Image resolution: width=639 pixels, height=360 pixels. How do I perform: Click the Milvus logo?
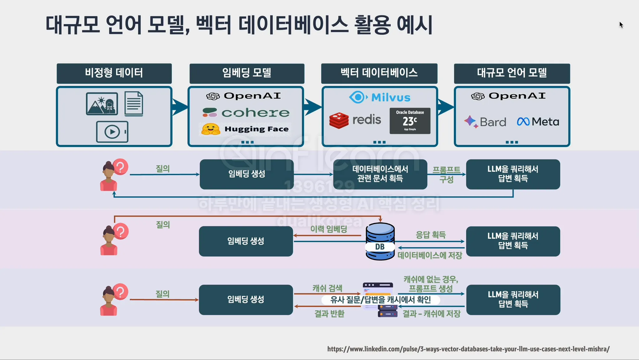coord(380,97)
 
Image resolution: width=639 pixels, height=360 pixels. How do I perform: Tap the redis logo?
coord(355,120)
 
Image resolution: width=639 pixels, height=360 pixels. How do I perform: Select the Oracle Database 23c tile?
coord(410,121)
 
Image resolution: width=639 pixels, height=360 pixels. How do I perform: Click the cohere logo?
coord(246,113)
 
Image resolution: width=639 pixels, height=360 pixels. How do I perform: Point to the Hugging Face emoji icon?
coord(211,129)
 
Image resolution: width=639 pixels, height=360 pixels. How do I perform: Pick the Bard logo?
coord(485,122)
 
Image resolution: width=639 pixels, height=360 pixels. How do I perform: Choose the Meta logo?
coord(538,121)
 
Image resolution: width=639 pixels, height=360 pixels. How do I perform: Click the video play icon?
coord(112,132)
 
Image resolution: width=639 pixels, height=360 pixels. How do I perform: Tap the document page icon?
coord(134,104)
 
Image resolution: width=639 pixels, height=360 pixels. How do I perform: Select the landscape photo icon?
coord(102,104)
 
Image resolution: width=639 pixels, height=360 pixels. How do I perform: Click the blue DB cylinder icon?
coord(380,241)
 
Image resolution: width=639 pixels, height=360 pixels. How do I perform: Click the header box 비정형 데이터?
coord(114,73)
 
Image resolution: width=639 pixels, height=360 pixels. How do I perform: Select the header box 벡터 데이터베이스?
coord(379,73)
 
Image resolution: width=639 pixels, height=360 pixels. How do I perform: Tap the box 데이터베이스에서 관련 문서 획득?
coord(380,174)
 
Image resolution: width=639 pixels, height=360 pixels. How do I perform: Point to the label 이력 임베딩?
coord(329,229)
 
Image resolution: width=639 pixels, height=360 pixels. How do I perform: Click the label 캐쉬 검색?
coord(327,288)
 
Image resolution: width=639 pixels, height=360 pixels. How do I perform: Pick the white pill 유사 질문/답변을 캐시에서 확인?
coord(381,300)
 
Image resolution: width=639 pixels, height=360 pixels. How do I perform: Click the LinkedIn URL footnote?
coord(468,349)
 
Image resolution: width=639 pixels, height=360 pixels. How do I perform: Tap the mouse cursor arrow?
coord(621,25)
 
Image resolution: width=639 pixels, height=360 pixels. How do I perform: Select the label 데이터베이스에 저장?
coord(430,255)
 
